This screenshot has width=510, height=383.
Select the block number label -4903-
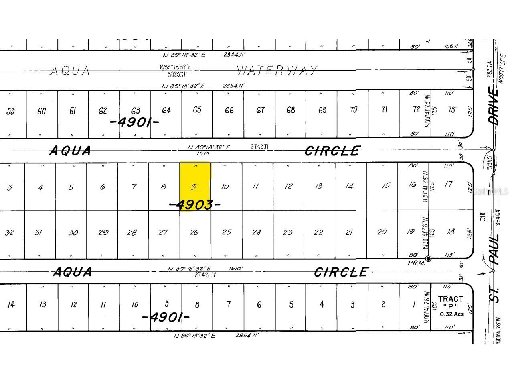[x=195, y=205]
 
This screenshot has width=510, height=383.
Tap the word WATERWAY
[x=277, y=71]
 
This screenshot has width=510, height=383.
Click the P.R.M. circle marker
[x=428, y=259]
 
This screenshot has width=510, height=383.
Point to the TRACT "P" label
[x=451, y=302]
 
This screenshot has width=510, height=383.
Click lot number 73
[x=452, y=110]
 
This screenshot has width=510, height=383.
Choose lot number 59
[x=10, y=111]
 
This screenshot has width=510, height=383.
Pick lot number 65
[x=197, y=110]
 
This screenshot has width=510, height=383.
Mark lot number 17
[x=448, y=184]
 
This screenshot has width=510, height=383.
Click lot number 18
[x=450, y=232]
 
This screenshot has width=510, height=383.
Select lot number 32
[x=9, y=232]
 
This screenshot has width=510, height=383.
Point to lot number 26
[x=194, y=232]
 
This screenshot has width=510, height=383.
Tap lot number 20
[x=382, y=232]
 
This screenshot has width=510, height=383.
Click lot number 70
[x=353, y=110]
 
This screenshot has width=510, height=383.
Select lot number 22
[x=318, y=232]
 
